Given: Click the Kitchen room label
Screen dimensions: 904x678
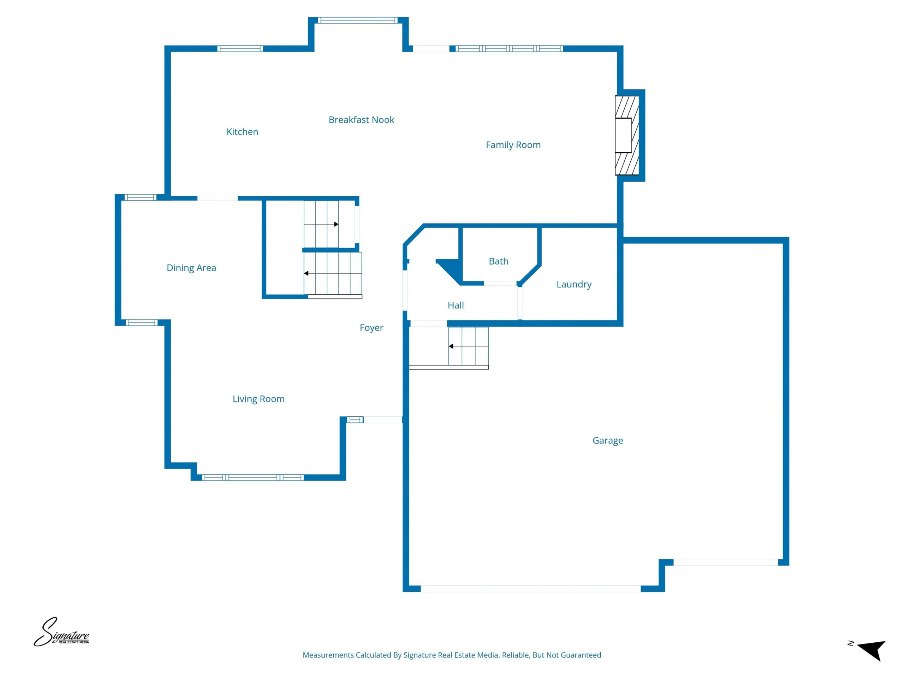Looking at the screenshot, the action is pyautogui.click(x=242, y=132).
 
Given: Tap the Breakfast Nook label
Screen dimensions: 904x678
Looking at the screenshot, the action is pyautogui.click(x=361, y=120).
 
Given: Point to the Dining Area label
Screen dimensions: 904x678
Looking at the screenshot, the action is pyautogui.click(x=191, y=268).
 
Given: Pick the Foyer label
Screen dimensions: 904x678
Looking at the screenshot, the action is pyautogui.click(x=371, y=328).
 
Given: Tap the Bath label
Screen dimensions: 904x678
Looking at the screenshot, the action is pyautogui.click(x=499, y=261).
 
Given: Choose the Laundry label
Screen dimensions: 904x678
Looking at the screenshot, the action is pyautogui.click(x=574, y=284).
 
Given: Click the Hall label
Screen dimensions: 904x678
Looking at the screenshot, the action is pyautogui.click(x=456, y=305).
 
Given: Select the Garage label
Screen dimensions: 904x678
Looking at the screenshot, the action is pyautogui.click(x=608, y=441).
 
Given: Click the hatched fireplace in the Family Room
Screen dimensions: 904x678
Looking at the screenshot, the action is pyautogui.click(x=627, y=135).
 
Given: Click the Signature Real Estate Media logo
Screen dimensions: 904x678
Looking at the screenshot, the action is pyautogui.click(x=61, y=632).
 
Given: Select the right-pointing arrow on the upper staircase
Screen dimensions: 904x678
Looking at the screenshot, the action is pyautogui.click(x=321, y=224).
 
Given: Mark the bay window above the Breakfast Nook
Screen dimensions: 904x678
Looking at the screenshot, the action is pyautogui.click(x=358, y=20).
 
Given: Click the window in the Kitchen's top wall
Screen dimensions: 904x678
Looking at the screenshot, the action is pyautogui.click(x=240, y=49).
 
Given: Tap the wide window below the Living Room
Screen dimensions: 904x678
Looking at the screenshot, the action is pyautogui.click(x=253, y=477).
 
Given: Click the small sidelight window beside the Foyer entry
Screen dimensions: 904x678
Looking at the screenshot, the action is pyautogui.click(x=355, y=420).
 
